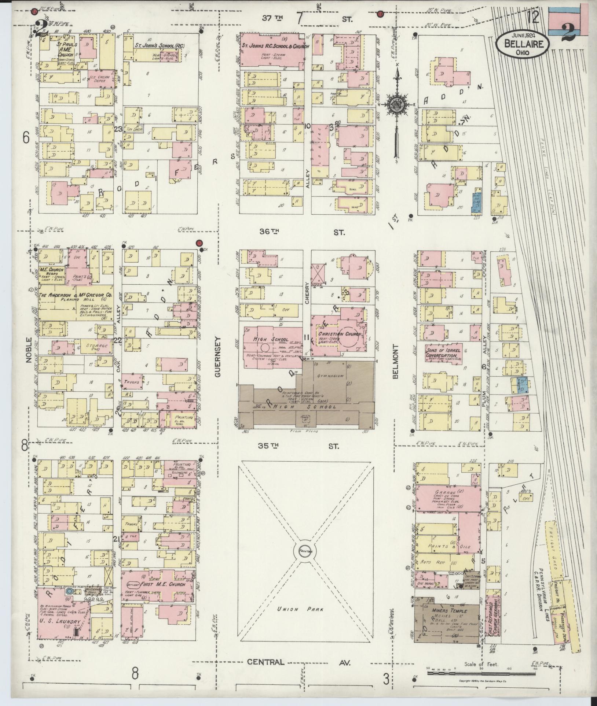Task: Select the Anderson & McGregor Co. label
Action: pos(76,295)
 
